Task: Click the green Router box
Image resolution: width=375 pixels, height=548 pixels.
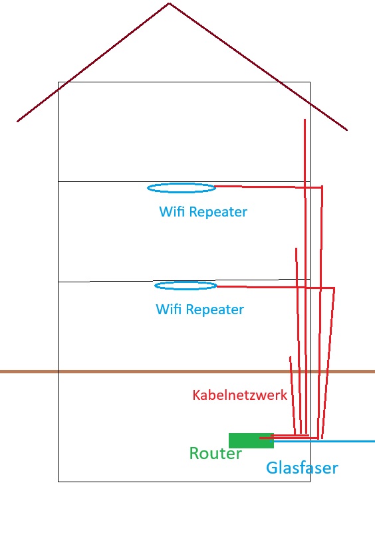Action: pyautogui.click(x=251, y=440)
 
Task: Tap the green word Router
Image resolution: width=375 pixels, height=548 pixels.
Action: pyautogui.click(x=215, y=453)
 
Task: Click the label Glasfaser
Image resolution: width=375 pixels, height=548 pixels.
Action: pyautogui.click(x=303, y=468)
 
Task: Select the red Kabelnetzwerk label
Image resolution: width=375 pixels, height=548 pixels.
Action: pyautogui.click(x=240, y=395)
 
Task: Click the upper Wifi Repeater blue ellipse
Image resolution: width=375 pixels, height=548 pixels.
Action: pyautogui.click(x=182, y=184)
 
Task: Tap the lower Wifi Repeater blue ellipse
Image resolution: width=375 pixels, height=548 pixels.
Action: pyautogui.click(x=186, y=282)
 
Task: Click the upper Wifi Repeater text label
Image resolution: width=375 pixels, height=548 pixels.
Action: pyautogui.click(x=203, y=212)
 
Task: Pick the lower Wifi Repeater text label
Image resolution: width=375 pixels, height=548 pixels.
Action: pyautogui.click(x=200, y=310)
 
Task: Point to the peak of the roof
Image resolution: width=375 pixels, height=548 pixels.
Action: pyautogui.click(x=170, y=3)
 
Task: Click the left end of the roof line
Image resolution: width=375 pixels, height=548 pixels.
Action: pyautogui.click(x=17, y=122)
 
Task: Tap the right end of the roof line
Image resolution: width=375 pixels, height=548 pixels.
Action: pyautogui.click(x=347, y=130)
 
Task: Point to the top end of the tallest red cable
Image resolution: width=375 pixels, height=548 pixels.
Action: pyautogui.click(x=305, y=120)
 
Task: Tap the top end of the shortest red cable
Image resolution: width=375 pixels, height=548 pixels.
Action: pyautogui.click(x=290, y=357)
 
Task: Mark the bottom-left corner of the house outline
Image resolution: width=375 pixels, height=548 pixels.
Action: pyautogui.click(x=58, y=482)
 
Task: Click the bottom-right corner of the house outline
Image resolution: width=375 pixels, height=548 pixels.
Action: pyautogui.click(x=310, y=482)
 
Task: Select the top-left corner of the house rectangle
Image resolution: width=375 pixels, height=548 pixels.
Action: pyautogui.click(x=58, y=82)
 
